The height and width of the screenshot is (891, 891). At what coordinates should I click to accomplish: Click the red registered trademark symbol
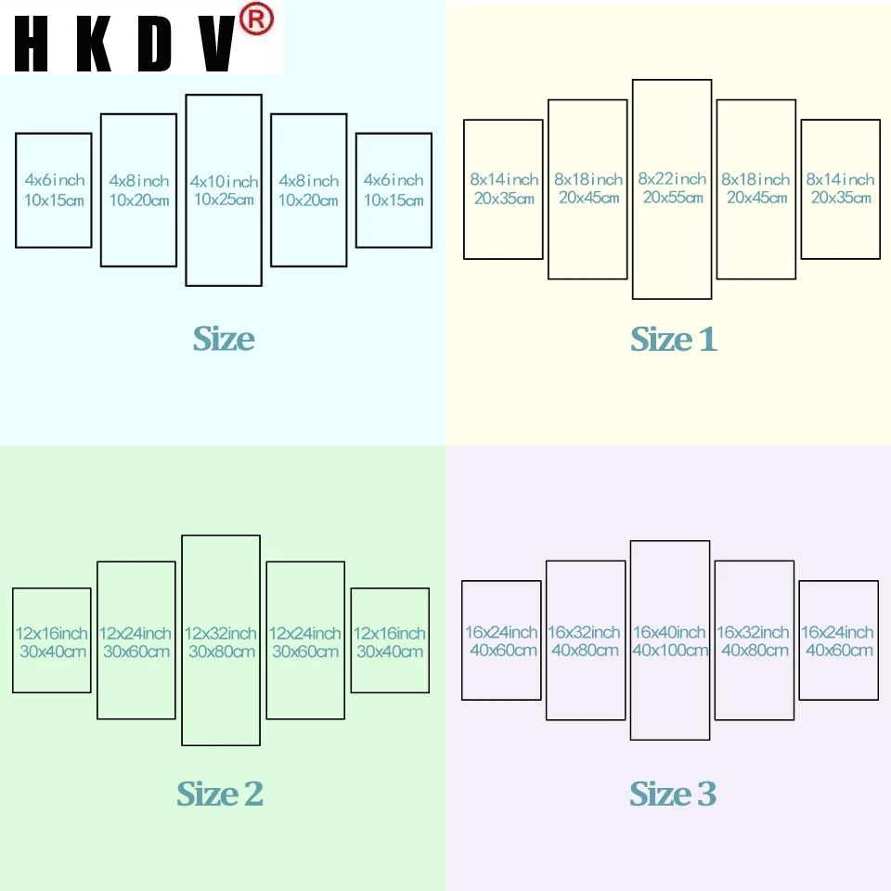pyautogui.click(x=257, y=19)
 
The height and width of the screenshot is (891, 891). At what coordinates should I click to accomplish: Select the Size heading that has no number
pyautogui.click(x=224, y=340)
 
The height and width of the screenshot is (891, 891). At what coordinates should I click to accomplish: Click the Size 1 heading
pyautogui.click(x=674, y=340)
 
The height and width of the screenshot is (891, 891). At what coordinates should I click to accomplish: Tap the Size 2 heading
pyautogui.click(x=220, y=794)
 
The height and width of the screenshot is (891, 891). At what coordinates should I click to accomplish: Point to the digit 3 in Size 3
pyautogui.click(x=706, y=794)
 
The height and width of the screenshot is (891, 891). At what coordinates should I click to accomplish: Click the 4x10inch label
pyautogui.click(x=224, y=182)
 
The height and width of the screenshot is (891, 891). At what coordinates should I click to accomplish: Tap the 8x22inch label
pyautogui.click(x=672, y=179)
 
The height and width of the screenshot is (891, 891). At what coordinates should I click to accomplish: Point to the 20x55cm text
pyautogui.click(x=672, y=198)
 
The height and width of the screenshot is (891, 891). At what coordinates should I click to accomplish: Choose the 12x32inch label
pyautogui.click(x=221, y=634)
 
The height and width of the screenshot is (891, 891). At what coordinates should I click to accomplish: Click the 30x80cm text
pyautogui.click(x=221, y=652)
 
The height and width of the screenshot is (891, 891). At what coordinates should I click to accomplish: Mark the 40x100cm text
pyautogui.click(x=670, y=651)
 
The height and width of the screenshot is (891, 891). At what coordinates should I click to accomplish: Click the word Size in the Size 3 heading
pyautogui.click(x=660, y=794)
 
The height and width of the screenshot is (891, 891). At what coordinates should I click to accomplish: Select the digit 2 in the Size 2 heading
pyautogui.click(x=252, y=794)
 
